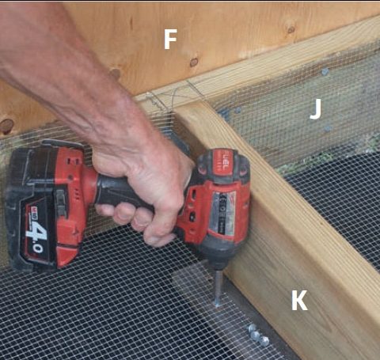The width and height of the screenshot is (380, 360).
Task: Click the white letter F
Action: (x=170, y=40)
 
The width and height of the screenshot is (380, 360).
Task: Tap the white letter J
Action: (x=316, y=109)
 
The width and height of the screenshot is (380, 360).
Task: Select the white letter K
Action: (x=299, y=300)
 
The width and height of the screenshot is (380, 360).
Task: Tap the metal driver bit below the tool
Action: (x=218, y=288)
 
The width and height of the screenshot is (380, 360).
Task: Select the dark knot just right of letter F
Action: (x=194, y=62)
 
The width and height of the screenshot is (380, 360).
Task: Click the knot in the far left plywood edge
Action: (x=6, y=127)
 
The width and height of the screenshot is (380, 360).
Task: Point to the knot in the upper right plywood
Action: (x=291, y=29)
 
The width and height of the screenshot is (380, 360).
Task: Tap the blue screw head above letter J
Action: (x=325, y=71)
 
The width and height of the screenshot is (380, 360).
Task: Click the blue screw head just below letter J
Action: (x=328, y=129)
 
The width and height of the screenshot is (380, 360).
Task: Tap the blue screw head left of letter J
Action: (x=237, y=111)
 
